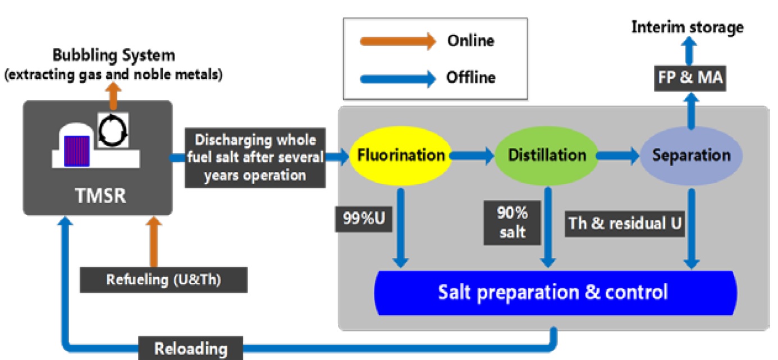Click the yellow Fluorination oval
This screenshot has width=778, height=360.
click(x=400, y=156)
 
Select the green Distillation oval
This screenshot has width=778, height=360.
click(x=547, y=156)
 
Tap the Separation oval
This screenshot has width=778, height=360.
click(x=691, y=156)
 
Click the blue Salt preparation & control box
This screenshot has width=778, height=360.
click(x=555, y=293)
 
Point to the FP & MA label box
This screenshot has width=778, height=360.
click(x=690, y=79)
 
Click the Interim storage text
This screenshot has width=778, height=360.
click(x=688, y=27)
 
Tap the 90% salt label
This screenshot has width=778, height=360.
click(x=511, y=223)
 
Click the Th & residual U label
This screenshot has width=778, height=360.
click(x=625, y=223)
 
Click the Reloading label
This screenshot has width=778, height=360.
click(x=191, y=349)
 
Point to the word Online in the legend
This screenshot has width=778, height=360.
click(x=470, y=41)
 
